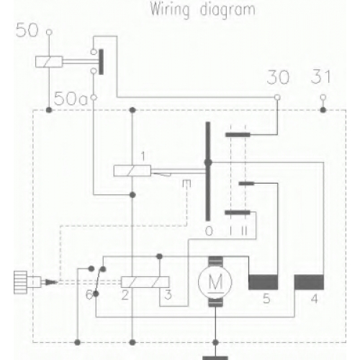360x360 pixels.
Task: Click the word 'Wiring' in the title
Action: click(170, 10)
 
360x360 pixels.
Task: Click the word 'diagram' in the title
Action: click(228, 10)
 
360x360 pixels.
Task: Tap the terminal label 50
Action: click(27, 30)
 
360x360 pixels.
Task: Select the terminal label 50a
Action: click(71, 99)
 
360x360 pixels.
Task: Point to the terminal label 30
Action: click(278, 77)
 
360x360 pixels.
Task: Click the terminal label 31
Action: click(320, 76)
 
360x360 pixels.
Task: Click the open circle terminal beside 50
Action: click(49, 32)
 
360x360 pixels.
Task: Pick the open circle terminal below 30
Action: click(277, 97)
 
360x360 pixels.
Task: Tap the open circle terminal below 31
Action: click(323, 97)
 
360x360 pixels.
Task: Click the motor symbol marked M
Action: click(215, 282)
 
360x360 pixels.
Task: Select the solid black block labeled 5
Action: click(264, 282)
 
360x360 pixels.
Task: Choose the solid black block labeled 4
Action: click(309, 282)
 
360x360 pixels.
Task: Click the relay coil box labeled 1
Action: click(132, 171)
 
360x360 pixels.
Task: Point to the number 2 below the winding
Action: click(125, 295)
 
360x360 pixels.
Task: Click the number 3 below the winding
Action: click(168, 294)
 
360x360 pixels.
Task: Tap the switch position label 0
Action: click(209, 231)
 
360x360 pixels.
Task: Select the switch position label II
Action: click(244, 231)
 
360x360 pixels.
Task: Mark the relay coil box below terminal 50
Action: click(49, 62)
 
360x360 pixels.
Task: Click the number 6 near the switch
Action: click(89, 295)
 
